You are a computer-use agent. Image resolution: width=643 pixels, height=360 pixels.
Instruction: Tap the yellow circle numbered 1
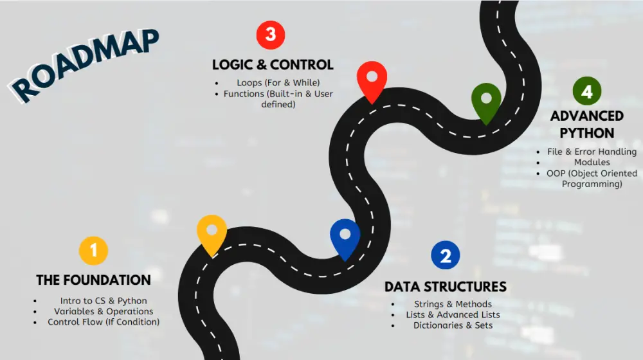93,250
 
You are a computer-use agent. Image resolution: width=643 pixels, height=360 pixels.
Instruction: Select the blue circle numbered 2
445,255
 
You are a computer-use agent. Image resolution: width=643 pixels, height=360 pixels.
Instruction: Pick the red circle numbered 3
270,35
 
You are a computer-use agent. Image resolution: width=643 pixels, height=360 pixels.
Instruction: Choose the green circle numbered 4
586,92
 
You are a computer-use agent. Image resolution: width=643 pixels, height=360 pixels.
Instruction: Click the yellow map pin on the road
212,233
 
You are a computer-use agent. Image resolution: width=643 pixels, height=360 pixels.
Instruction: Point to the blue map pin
345,237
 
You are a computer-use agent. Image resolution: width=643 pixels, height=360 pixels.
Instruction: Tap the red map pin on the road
372,78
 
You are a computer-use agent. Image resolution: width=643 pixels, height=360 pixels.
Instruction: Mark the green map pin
486,101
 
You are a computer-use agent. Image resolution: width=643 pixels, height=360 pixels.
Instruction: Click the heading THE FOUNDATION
93,280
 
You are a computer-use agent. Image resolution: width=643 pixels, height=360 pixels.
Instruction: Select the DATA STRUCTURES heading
445,287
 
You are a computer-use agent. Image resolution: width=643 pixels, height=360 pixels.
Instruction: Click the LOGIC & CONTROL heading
273,65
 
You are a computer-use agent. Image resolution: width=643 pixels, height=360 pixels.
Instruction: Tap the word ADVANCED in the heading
586,116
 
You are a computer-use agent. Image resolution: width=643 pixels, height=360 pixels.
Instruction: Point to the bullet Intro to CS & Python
104,301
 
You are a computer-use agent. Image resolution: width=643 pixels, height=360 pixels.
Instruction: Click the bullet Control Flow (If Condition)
104,322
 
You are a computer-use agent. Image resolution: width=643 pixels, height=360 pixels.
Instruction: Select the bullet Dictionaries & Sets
453,325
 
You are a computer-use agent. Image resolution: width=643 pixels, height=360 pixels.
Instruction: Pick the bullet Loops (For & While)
278,83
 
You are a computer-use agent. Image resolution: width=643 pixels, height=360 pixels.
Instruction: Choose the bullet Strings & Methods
453,304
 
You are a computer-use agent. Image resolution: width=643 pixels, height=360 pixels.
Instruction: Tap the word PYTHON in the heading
586,134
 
